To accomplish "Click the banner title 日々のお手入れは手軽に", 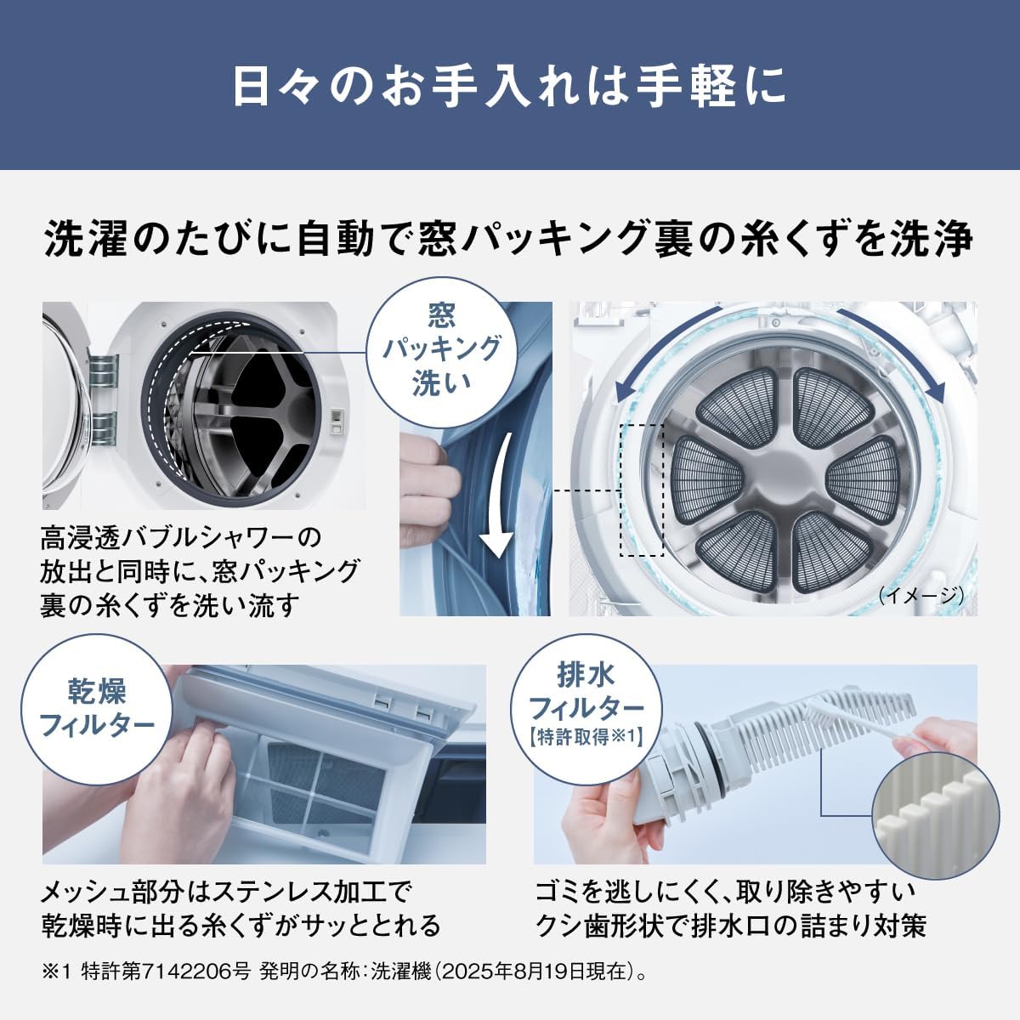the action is tap(509, 86).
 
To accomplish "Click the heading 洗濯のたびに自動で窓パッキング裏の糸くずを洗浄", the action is tap(509, 239).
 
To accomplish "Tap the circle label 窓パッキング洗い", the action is tap(441, 350).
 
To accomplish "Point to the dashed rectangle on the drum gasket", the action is tap(642, 490).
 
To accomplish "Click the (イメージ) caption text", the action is tap(921, 596).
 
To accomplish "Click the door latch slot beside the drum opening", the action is tap(335, 421).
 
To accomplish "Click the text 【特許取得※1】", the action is tap(586, 737).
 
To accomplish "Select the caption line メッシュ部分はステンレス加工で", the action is tap(226, 892).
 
